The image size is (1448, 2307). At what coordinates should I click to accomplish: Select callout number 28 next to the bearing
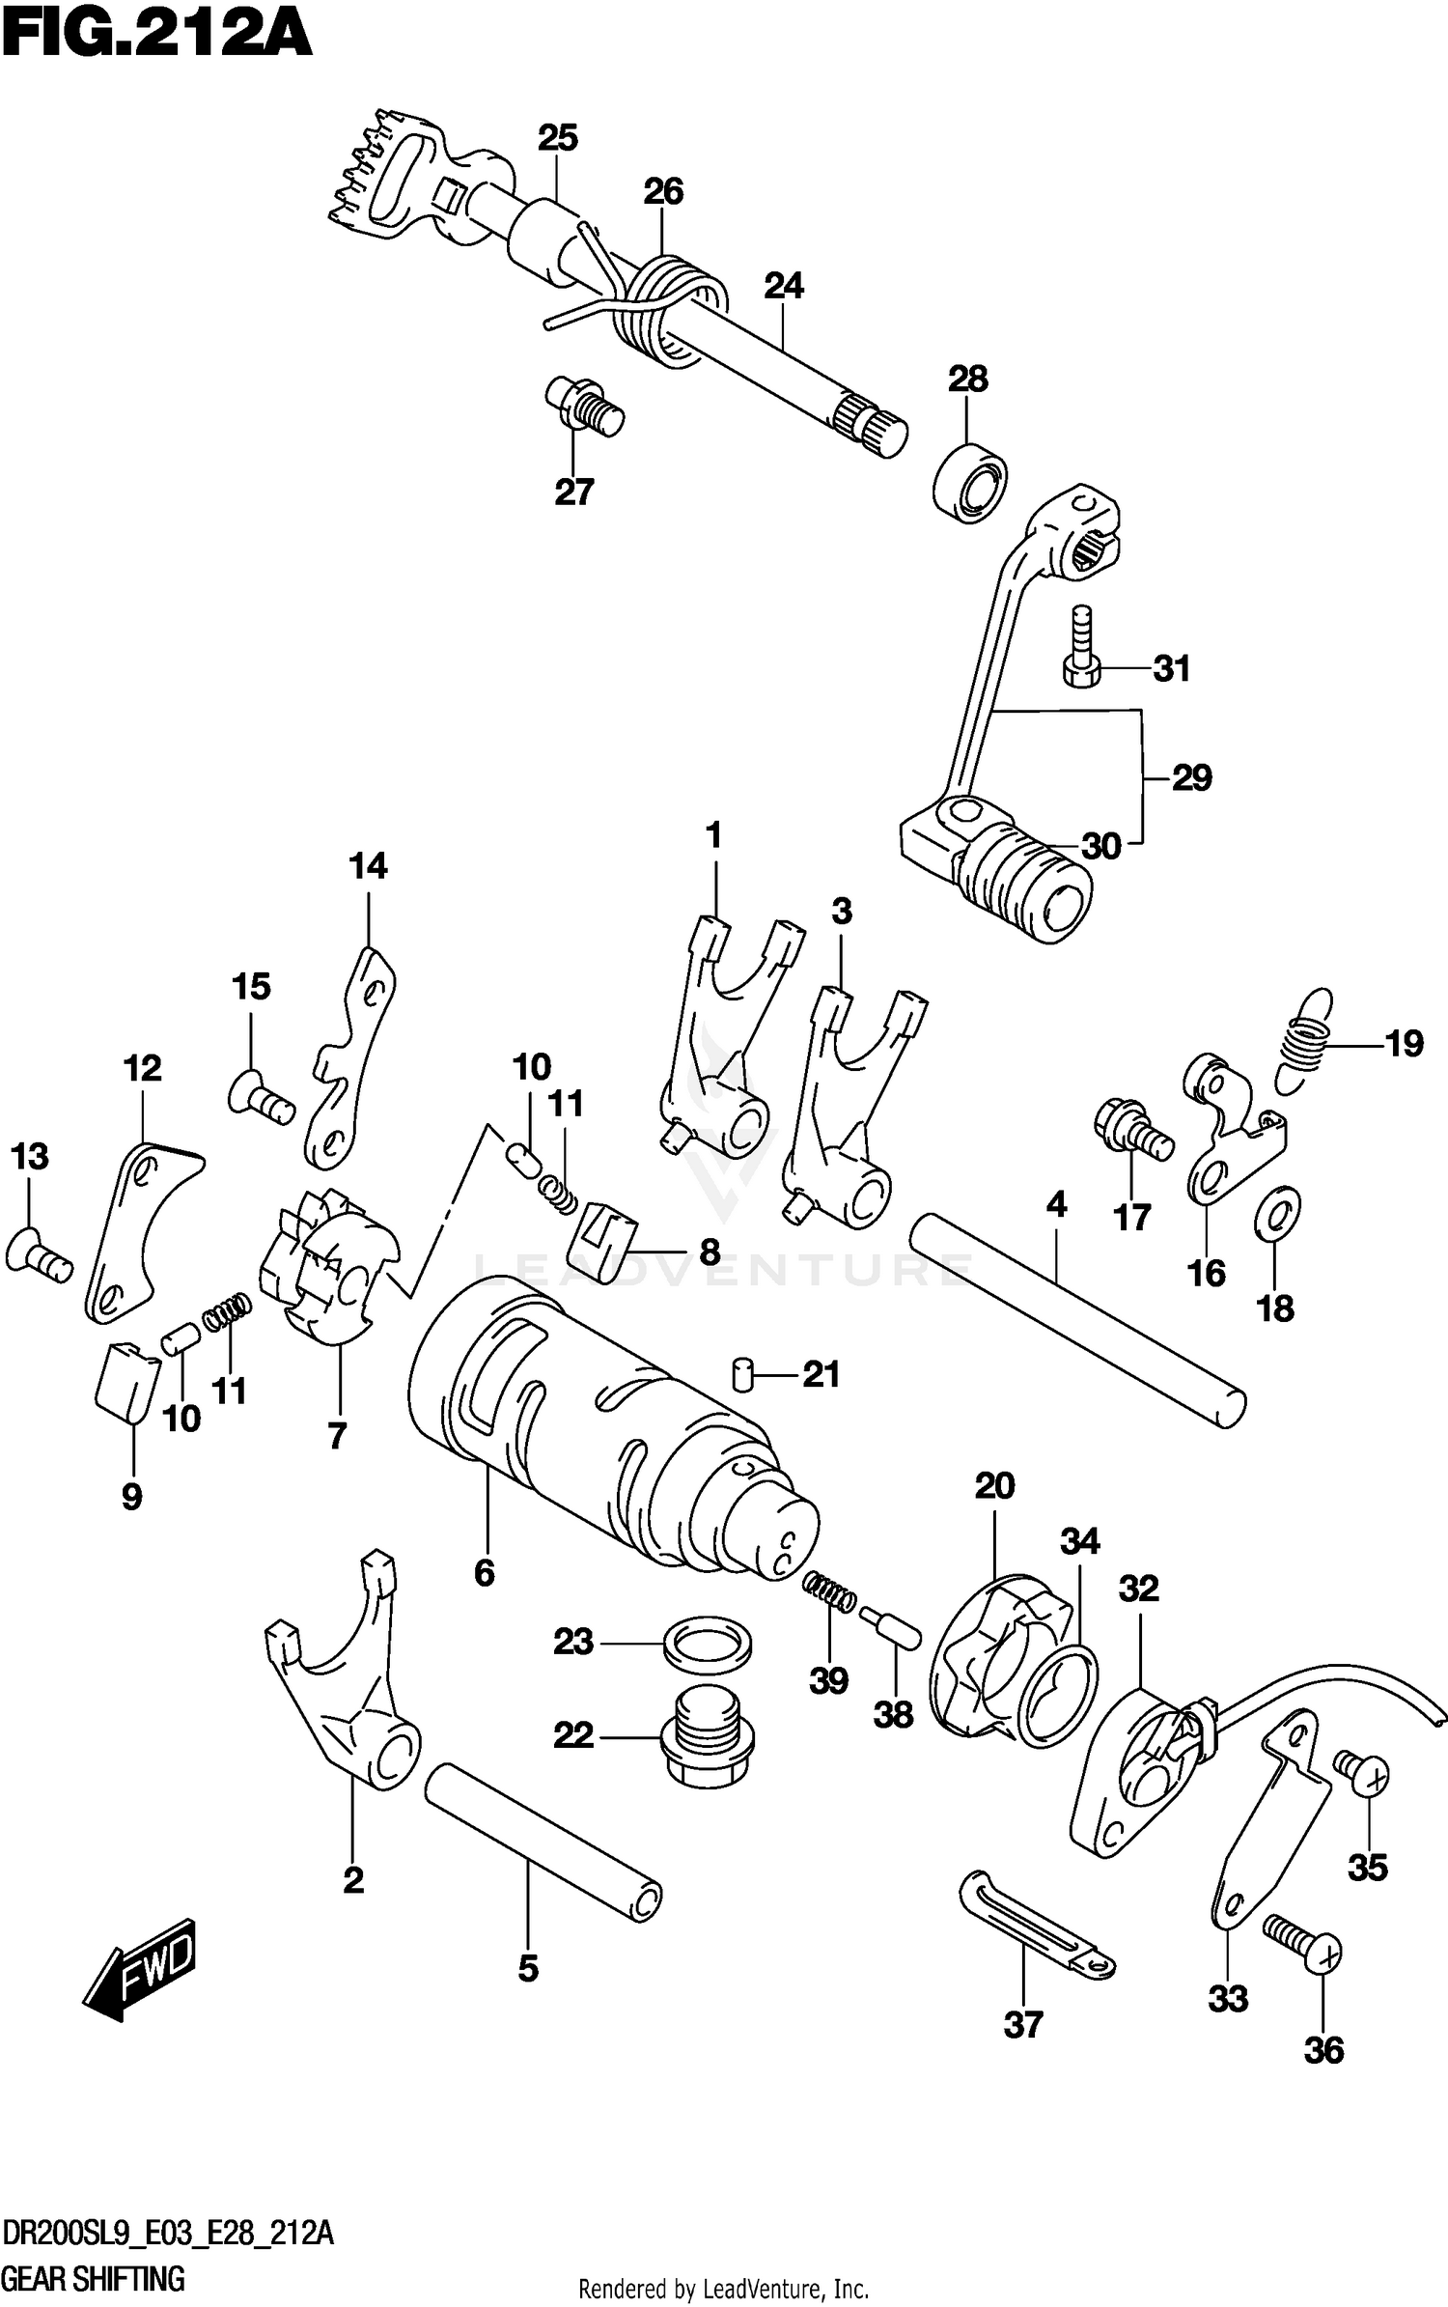[x=967, y=380]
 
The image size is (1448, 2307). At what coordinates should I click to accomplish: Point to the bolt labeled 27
[x=585, y=407]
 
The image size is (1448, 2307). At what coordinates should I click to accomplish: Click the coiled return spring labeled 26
[x=666, y=309]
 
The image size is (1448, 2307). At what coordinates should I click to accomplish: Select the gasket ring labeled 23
[x=707, y=1644]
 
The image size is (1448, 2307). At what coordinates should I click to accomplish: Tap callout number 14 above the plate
[x=368, y=866]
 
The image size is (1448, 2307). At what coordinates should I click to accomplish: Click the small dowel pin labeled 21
[x=742, y=1373]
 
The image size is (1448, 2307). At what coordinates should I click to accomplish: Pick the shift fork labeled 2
[x=348, y=1690]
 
